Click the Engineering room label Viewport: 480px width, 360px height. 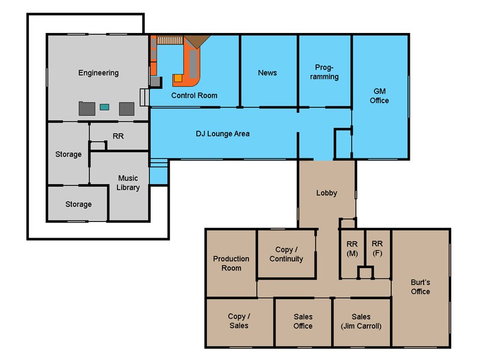98,73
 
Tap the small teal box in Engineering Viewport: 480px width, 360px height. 104,107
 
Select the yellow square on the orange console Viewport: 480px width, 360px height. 178,78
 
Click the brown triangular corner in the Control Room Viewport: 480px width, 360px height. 196,41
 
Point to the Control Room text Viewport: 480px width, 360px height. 194,95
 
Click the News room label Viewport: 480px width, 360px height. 268,73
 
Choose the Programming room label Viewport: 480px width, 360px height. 326,72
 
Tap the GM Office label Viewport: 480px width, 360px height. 379,96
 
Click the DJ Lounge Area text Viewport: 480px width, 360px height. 223,134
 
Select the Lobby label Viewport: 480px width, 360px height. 326,193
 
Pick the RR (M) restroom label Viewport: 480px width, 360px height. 352,248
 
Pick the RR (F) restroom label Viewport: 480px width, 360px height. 377,248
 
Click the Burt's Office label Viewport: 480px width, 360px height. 420,287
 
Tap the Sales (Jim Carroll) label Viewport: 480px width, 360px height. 361,321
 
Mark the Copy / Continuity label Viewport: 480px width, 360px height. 286,254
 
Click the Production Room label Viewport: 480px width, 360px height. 231,263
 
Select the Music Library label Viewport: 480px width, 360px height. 128,183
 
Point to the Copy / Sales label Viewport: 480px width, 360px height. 239,321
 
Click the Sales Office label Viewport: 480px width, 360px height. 303,321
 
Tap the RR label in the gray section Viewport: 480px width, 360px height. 118,136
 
